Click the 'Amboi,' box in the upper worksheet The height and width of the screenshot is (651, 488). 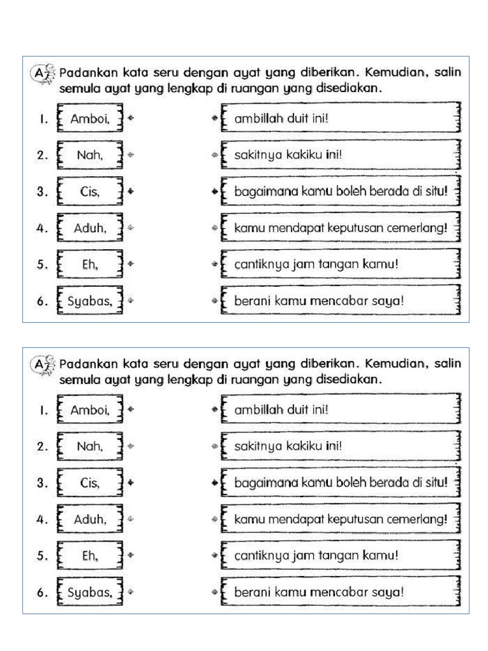click(91, 119)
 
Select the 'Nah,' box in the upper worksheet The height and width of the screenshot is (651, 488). click(91, 154)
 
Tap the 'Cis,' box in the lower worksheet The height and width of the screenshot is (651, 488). click(91, 483)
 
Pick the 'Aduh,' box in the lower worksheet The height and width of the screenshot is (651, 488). click(91, 519)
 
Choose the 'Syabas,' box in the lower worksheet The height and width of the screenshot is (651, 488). click(91, 592)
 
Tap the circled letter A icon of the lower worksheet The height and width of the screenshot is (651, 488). click(40, 367)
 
